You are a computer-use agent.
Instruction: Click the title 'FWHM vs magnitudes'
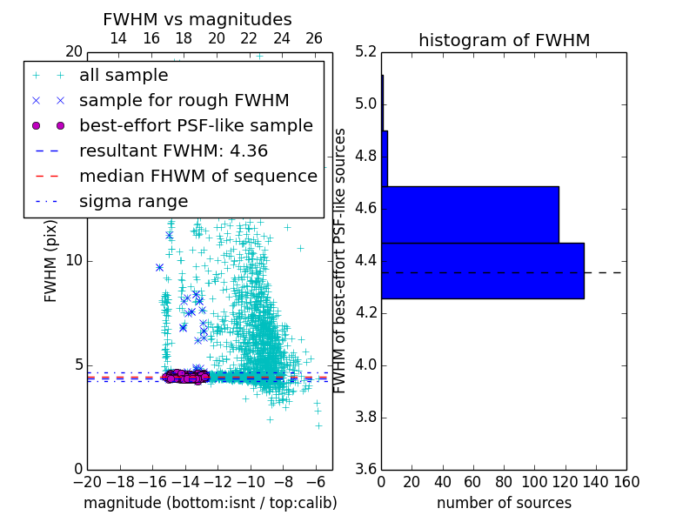(x=197, y=19)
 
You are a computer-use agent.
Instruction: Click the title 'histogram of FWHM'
(x=504, y=40)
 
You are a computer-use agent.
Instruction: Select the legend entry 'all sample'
(x=124, y=76)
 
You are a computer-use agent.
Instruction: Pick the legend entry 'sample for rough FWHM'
(x=184, y=100)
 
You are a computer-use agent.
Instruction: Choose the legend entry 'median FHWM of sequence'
(x=197, y=176)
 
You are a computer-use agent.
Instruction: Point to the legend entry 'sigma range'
(x=133, y=201)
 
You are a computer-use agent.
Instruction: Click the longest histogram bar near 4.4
(x=482, y=271)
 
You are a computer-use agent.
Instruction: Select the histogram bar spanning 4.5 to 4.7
(x=470, y=214)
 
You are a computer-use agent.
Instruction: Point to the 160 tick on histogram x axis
(x=626, y=482)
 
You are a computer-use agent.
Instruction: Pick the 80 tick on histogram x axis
(x=504, y=482)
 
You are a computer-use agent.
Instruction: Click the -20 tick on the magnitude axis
(x=87, y=482)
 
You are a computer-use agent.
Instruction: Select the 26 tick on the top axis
(x=314, y=38)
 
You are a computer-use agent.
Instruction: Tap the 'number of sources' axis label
(x=504, y=503)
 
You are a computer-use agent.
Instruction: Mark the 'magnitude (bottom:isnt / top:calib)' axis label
(x=210, y=503)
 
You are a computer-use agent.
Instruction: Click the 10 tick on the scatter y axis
(x=74, y=260)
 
